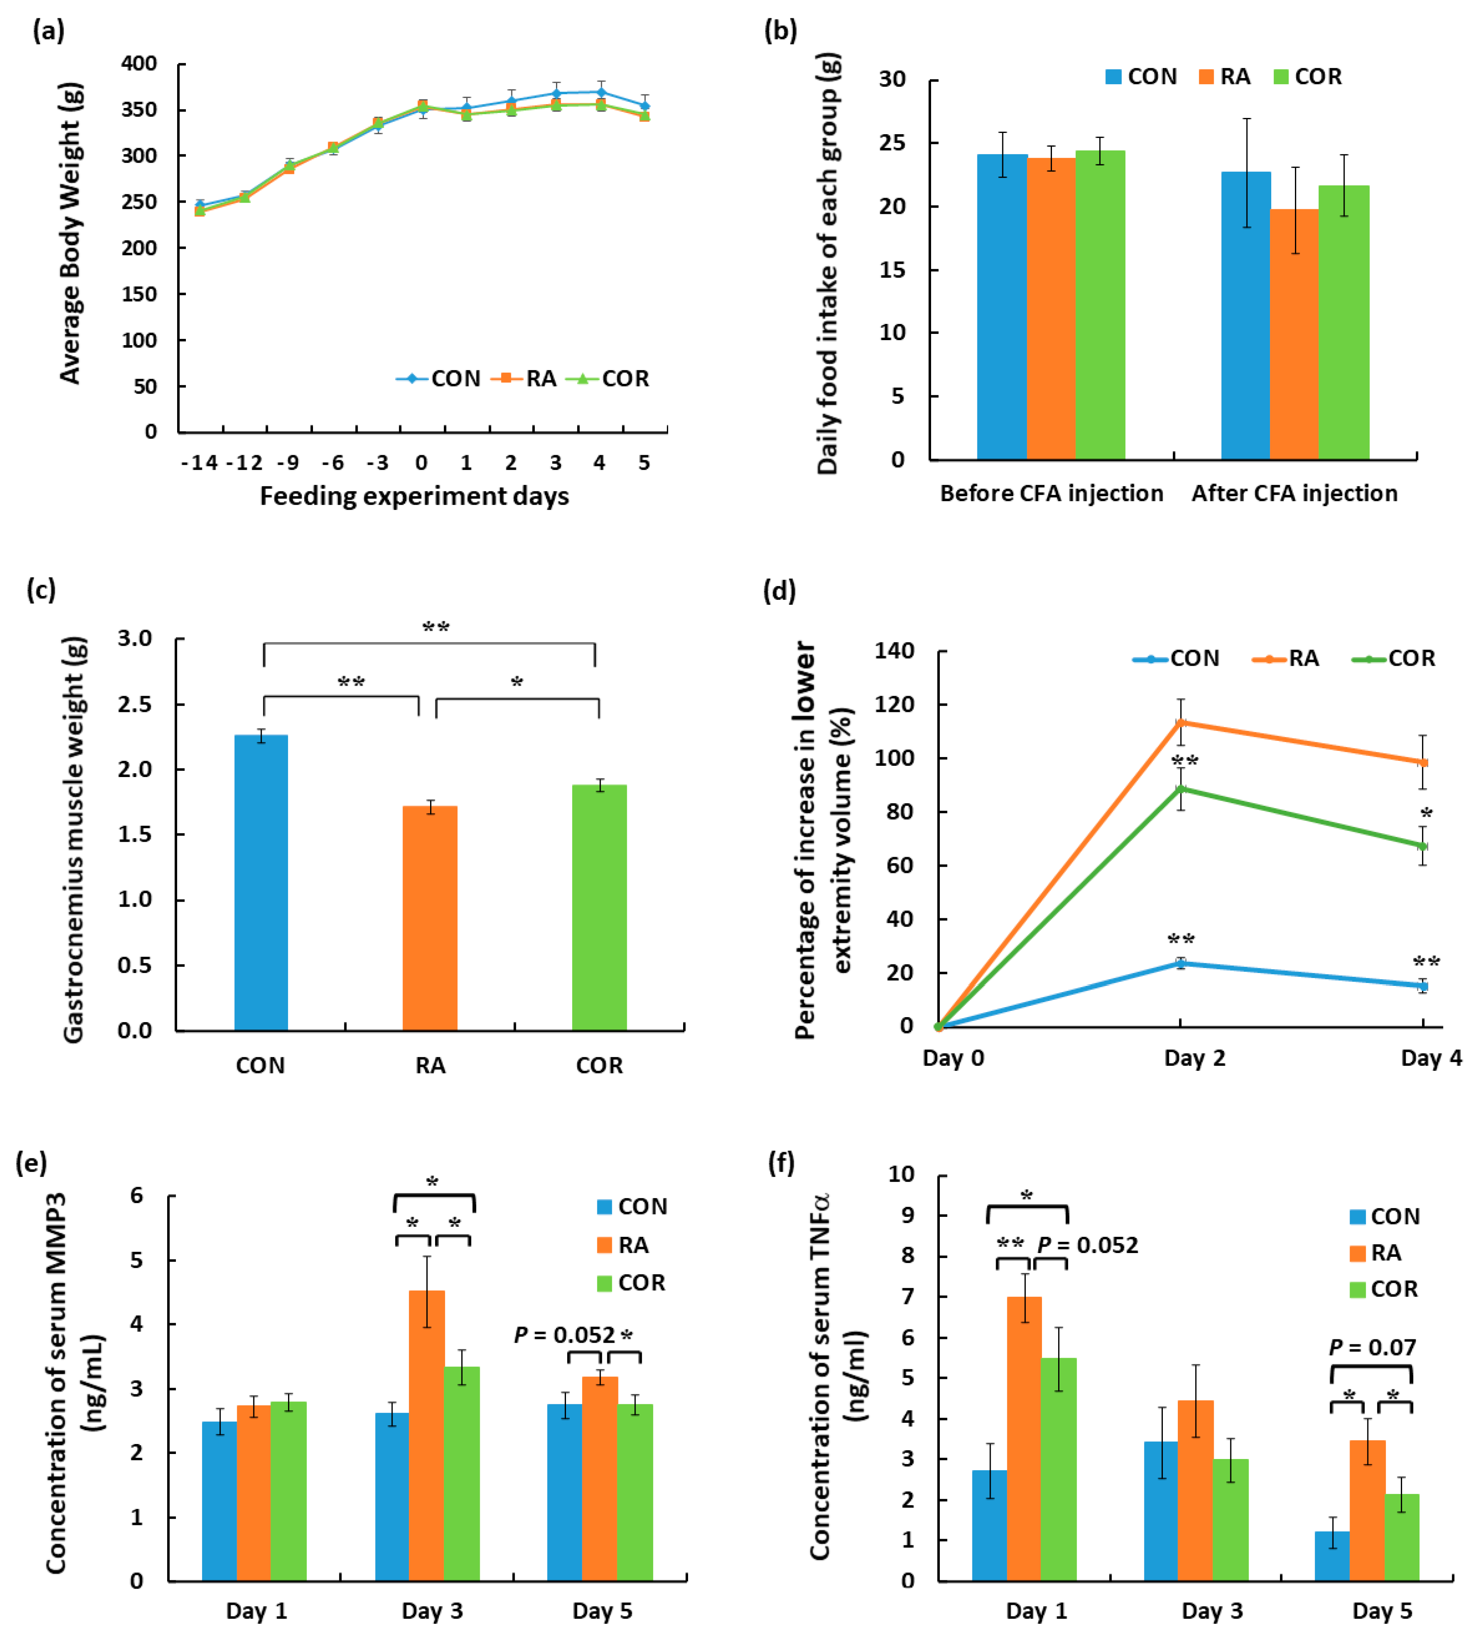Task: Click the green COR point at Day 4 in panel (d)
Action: click(1423, 846)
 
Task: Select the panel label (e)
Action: click(31, 1163)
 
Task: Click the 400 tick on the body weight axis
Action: click(139, 63)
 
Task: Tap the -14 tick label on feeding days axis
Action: click(199, 463)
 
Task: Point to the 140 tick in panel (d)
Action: click(894, 651)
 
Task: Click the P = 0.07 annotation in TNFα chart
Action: click(1372, 1348)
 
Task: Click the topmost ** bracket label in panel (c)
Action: click(436, 627)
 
